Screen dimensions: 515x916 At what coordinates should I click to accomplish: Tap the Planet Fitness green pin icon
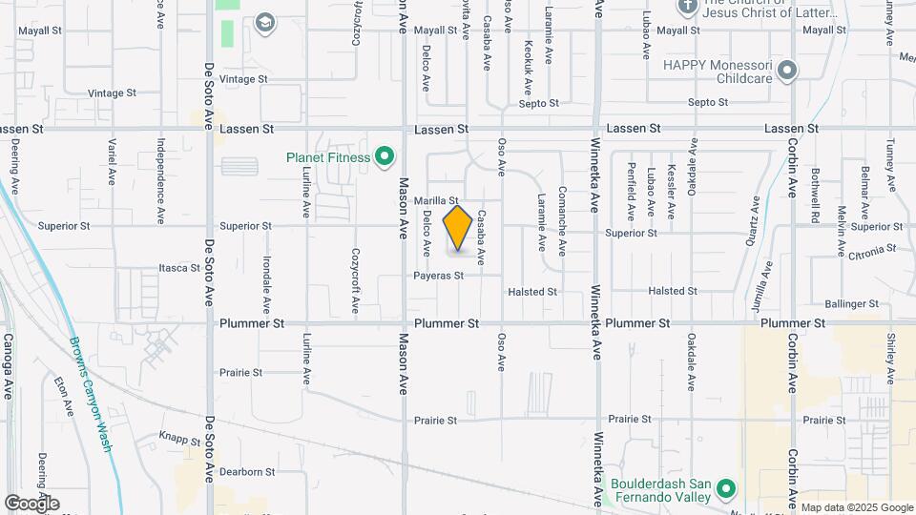pos(385,156)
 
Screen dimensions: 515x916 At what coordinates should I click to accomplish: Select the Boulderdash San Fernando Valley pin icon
pos(724,489)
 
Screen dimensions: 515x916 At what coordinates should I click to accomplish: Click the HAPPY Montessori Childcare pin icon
pos(786,71)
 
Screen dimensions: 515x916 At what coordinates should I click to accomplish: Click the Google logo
pos(31,503)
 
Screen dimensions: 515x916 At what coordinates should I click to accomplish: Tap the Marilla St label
pos(438,200)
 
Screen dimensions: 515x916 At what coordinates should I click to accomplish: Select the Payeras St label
pos(438,276)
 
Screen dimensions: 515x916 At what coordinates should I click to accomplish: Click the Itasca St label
pos(178,268)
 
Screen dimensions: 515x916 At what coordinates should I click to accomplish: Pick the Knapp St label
pos(179,441)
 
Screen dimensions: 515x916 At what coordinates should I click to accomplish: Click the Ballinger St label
pos(851,303)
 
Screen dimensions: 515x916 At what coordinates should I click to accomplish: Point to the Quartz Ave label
pos(755,218)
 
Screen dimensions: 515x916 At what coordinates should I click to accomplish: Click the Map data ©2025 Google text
pos(856,507)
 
